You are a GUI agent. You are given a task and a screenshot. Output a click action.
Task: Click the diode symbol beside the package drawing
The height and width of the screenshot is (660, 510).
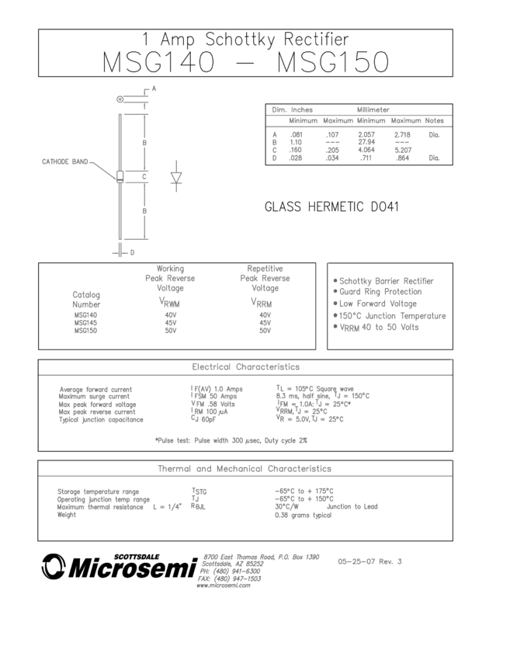[176, 177]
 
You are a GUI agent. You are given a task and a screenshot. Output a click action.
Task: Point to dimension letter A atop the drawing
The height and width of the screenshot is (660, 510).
[154, 89]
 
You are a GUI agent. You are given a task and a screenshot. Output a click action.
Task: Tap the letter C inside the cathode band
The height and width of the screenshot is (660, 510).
[144, 177]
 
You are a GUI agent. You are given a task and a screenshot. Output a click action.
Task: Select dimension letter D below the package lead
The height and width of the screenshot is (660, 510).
[132, 252]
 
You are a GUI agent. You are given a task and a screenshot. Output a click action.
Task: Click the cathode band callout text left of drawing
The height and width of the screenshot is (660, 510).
[64, 162]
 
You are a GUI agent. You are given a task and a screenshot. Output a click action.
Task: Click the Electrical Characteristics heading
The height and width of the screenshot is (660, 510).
[245, 366]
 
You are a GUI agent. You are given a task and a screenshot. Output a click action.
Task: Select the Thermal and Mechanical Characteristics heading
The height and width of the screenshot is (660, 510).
[245, 468]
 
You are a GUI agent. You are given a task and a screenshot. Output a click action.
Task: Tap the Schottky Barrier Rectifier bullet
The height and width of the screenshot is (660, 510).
[383, 281]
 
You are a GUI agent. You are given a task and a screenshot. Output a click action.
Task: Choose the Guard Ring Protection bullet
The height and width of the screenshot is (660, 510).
[377, 292]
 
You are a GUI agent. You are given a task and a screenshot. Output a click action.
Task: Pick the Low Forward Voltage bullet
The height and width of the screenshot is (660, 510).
[374, 304]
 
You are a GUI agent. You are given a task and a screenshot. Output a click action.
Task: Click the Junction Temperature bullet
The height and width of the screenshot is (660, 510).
[389, 315]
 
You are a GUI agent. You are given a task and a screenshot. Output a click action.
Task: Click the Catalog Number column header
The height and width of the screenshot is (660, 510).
[86, 300]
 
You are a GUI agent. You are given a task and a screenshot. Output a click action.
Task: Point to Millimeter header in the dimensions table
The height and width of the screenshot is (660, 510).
[373, 109]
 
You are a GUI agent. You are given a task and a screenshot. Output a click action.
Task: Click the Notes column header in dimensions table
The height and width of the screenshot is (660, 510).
[435, 120]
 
